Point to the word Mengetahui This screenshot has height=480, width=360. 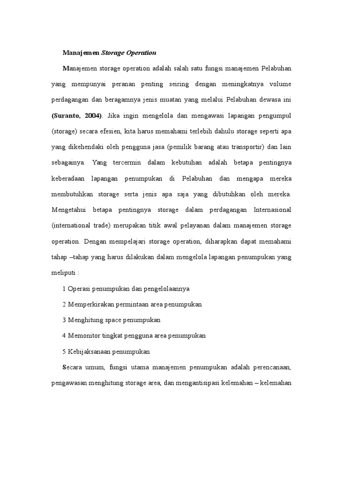pos(69,210)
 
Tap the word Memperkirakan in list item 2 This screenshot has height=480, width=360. pos(90,304)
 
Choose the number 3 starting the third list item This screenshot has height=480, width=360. pos(64,320)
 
